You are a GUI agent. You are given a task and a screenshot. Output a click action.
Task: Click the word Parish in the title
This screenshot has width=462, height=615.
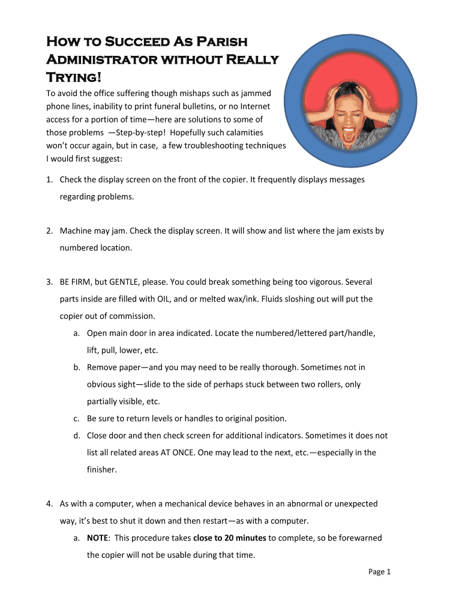click(218, 42)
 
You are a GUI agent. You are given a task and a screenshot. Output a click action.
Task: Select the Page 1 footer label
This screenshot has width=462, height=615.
click(379, 572)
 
